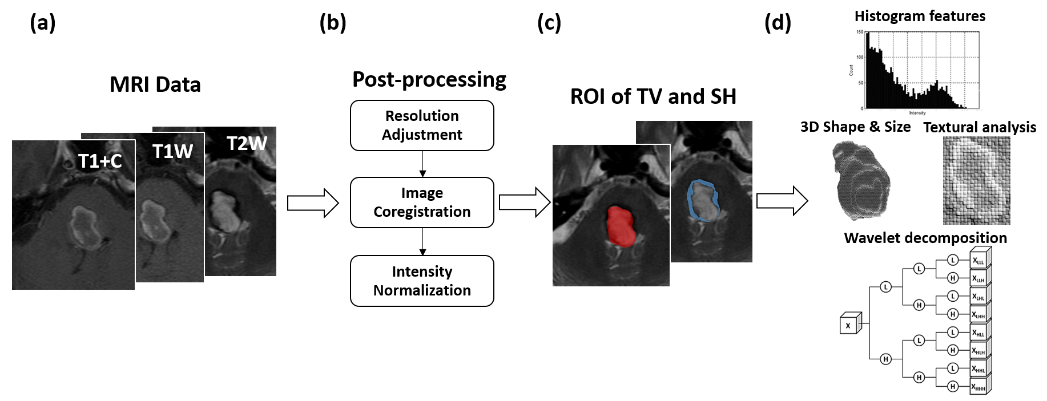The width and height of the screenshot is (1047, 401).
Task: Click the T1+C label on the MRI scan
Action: click(x=100, y=161)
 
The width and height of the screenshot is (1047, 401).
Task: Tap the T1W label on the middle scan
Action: click(x=172, y=151)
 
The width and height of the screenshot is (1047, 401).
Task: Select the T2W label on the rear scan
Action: click(x=247, y=143)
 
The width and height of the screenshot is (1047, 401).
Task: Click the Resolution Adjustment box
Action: click(x=422, y=125)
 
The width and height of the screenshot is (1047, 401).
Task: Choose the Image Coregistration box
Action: click(x=422, y=202)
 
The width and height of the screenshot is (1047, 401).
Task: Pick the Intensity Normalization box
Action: click(x=422, y=281)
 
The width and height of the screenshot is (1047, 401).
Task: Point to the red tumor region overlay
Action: click(x=621, y=226)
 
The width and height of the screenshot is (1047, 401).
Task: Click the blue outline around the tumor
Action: click(x=690, y=197)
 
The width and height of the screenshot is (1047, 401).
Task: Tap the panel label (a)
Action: click(x=42, y=23)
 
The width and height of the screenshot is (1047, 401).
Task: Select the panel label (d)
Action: click(x=778, y=23)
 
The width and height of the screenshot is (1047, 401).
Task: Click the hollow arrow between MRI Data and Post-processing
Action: click(x=313, y=202)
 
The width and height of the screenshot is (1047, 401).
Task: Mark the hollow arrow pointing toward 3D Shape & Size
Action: click(x=782, y=201)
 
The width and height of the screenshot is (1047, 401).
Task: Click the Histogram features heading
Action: click(x=920, y=16)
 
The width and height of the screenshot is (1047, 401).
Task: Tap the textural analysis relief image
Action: click(x=976, y=180)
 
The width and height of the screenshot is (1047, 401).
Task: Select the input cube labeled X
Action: click(x=849, y=325)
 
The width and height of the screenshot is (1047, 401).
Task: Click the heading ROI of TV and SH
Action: click(x=653, y=96)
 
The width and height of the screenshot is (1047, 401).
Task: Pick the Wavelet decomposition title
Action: click(x=925, y=238)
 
